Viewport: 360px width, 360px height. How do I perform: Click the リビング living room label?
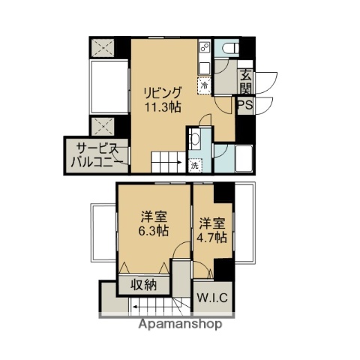(x=163, y=92)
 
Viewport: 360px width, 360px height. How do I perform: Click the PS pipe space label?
(x=245, y=106)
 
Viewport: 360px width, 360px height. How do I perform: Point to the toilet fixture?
(x=229, y=48)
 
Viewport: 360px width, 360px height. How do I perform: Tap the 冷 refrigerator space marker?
(x=203, y=85)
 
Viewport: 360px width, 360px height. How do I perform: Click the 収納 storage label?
(x=145, y=285)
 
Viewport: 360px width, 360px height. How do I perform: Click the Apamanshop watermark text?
(x=180, y=325)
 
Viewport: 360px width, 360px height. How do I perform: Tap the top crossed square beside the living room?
(x=102, y=46)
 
